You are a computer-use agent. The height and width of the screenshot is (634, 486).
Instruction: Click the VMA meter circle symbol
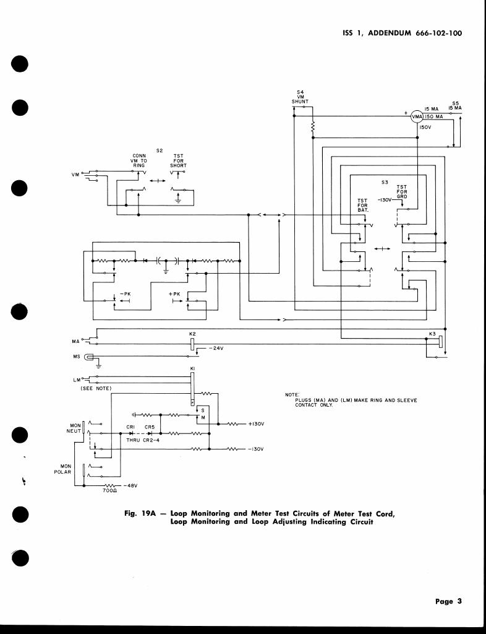click(417, 116)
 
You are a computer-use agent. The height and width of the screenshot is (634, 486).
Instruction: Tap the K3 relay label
click(432, 334)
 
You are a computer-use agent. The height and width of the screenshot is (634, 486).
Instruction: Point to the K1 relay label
click(192, 370)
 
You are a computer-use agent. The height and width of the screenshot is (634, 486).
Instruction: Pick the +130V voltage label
click(256, 424)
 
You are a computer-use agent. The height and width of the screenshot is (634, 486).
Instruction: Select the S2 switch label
click(159, 150)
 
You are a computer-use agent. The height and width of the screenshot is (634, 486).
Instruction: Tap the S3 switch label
click(385, 182)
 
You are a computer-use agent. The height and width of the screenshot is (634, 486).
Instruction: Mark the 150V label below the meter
click(425, 128)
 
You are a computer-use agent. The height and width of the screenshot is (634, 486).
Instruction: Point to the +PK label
click(174, 293)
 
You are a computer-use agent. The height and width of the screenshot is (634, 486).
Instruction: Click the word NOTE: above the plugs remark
click(292, 394)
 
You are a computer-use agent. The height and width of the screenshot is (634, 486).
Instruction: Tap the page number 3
click(459, 601)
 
